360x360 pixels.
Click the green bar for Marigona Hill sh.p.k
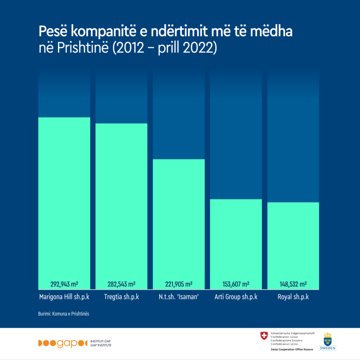click(x=64, y=203)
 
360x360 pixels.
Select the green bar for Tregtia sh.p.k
click(x=121, y=206)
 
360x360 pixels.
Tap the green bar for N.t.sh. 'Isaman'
click(x=179, y=224)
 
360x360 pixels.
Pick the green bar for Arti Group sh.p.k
click(x=236, y=244)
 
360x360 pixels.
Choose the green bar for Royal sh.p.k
click(x=293, y=246)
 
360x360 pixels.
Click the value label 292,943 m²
click(x=64, y=284)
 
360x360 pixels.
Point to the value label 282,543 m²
click(x=121, y=284)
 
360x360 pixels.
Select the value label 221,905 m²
click(x=179, y=284)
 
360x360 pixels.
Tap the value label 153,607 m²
click(x=236, y=284)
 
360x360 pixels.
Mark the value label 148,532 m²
click(x=293, y=284)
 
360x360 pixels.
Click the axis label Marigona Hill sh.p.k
click(x=64, y=297)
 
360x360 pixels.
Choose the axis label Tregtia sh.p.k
click(x=121, y=297)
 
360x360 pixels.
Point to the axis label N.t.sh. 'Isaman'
click(x=179, y=297)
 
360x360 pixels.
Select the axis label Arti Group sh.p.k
click(x=236, y=297)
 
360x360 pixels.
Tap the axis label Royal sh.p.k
click(x=293, y=297)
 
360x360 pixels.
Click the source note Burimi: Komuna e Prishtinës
click(x=64, y=314)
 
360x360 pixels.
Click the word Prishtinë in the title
click(x=83, y=47)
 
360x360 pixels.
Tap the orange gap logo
click(x=63, y=343)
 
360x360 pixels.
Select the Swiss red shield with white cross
click(x=264, y=336)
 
